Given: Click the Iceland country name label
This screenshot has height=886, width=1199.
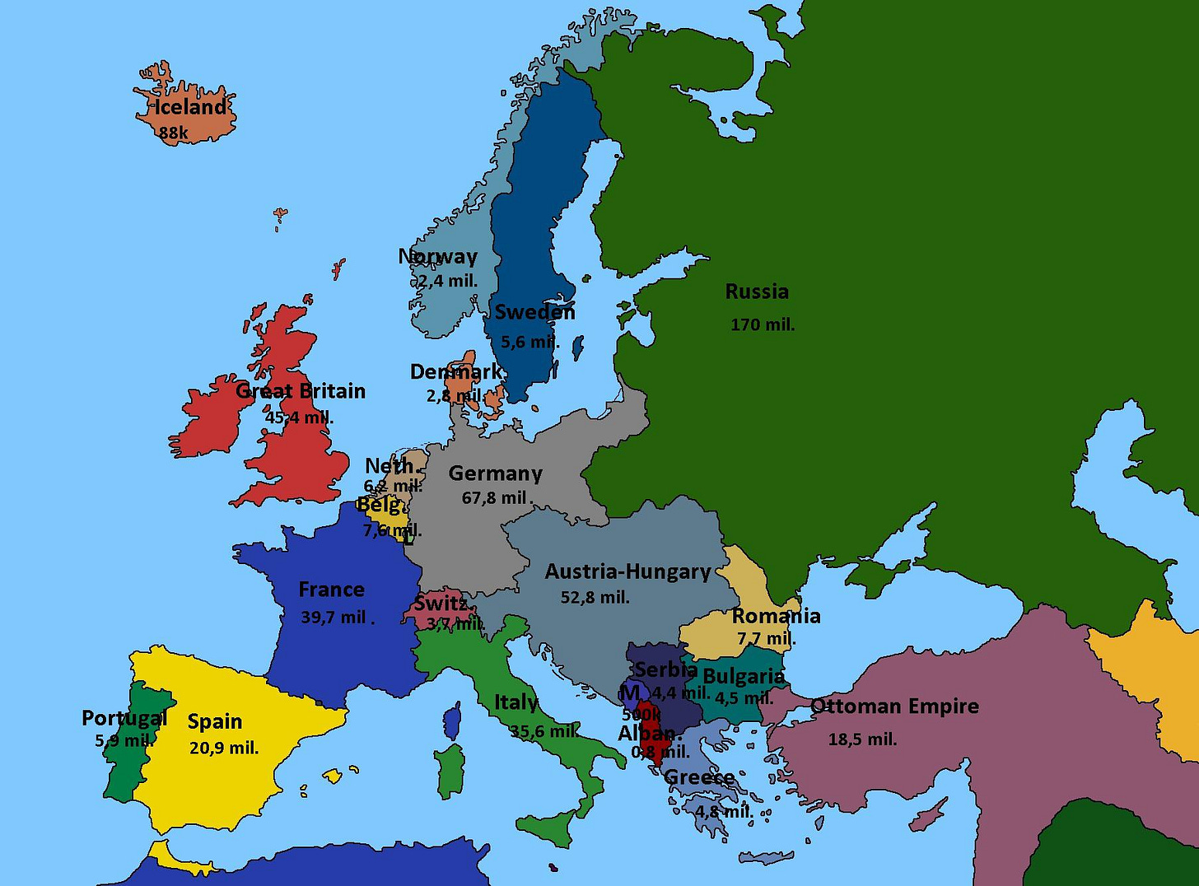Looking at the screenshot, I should click(x=190, y=107).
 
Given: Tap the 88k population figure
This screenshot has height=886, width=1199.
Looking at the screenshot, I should click(x=174, y=133).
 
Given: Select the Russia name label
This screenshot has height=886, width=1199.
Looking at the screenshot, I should click(x=757, y=291).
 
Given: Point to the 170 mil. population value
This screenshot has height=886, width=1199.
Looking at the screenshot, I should click(x=763, y=324).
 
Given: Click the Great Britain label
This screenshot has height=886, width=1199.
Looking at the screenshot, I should click(x=301, y=391).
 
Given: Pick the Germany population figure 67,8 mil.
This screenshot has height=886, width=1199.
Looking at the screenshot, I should click(x=497, y=497).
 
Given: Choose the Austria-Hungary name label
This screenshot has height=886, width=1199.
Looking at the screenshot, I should click(x=627, y=571).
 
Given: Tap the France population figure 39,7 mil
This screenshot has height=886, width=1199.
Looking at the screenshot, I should click(x=336, y=617).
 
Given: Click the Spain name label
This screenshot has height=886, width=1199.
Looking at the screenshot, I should click(x=215, y=721).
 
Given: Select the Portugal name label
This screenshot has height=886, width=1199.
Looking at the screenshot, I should click(x=124, y=718).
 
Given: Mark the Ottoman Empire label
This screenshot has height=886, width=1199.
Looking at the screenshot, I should click(x=895, y=706).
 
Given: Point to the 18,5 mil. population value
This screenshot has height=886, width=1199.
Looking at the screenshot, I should click(x=862, y=739).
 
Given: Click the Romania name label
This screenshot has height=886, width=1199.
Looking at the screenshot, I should click(x=776, y=616).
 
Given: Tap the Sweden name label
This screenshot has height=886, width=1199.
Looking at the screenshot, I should click(x=534, y=312).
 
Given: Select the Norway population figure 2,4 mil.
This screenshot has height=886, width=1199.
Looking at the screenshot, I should click(x=447, y=281).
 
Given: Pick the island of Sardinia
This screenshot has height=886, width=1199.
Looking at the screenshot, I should click(x=450, y=770).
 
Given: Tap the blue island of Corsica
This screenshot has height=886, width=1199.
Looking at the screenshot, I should click(x=452, y=722).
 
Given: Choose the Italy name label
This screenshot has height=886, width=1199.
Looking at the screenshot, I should click(x=516, y=702).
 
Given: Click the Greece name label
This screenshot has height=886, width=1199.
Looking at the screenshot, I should click(x=699, y=777).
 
